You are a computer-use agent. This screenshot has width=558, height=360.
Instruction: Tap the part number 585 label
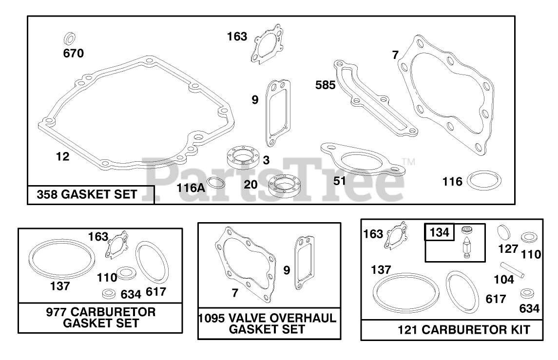(326, 85)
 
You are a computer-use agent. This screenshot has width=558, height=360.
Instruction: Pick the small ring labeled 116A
(216, 185)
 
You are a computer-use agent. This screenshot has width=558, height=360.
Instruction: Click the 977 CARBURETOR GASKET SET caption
(101, 318)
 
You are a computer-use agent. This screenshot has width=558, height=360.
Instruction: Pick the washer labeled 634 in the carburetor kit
(526, 294)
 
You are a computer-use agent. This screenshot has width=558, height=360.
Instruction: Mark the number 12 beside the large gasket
(62, 157)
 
